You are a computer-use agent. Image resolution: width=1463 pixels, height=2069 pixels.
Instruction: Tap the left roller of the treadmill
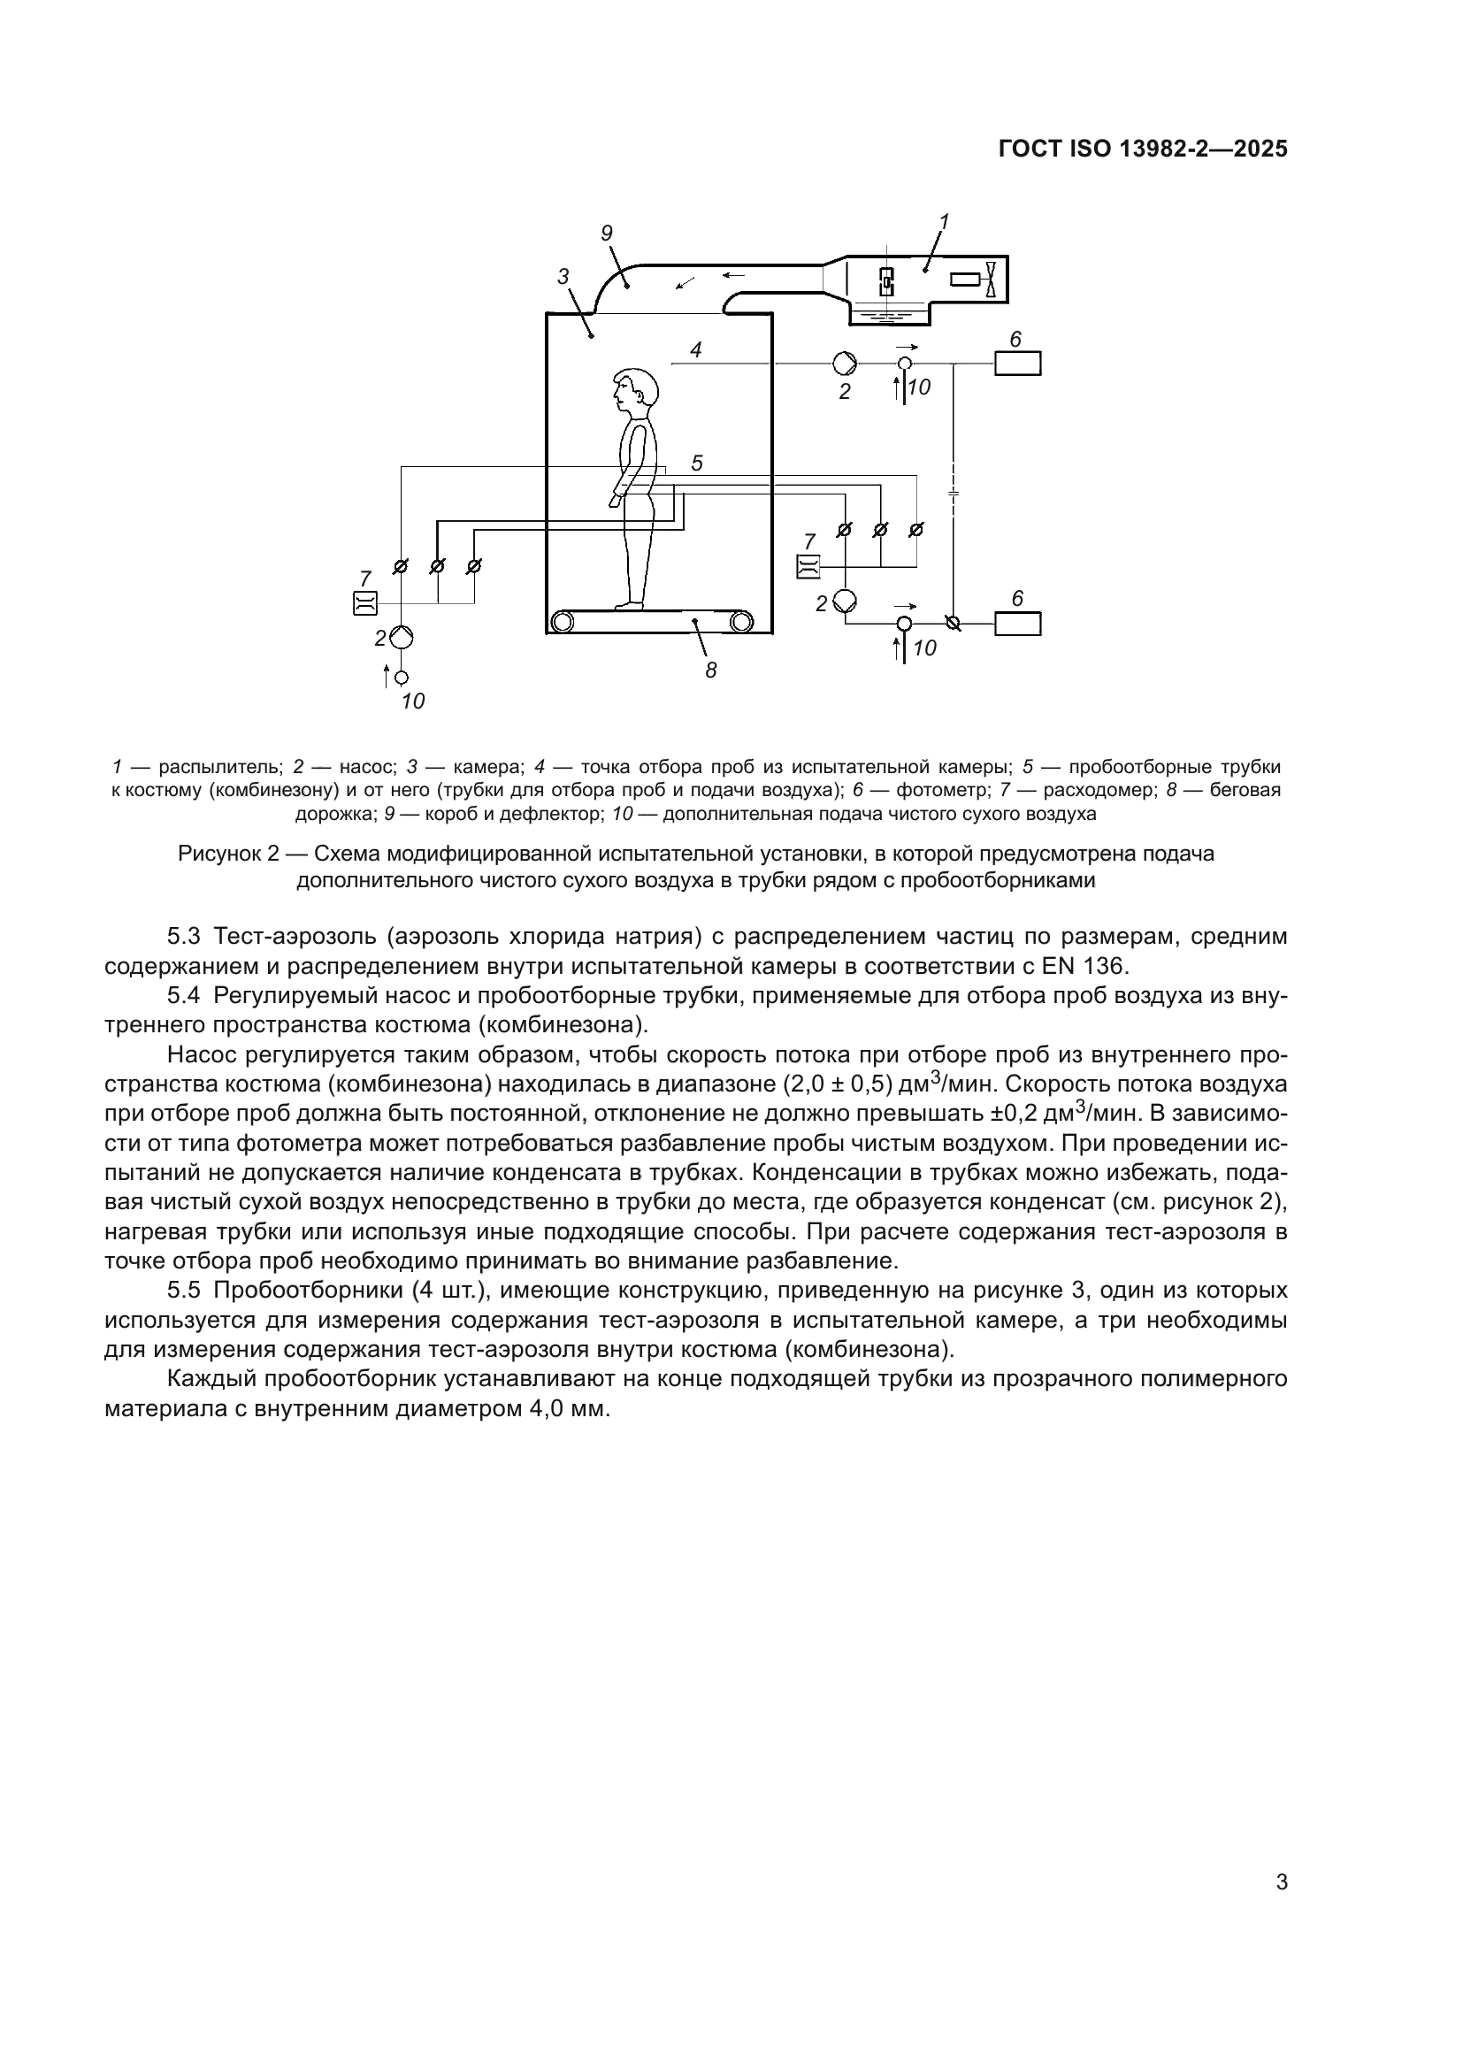563,621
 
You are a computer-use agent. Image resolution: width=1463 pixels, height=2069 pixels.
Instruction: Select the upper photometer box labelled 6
1017,364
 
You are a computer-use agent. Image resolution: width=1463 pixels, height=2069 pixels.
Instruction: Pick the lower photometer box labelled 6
1017,624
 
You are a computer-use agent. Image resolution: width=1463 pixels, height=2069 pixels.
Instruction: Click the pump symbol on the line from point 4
845,364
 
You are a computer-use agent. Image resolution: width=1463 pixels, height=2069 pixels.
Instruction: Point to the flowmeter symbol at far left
364,603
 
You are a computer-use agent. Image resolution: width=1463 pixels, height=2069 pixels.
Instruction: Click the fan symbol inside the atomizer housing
991,280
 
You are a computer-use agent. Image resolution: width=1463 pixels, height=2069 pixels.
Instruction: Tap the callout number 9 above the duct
606,234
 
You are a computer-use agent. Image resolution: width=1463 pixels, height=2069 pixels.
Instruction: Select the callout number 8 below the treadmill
711,670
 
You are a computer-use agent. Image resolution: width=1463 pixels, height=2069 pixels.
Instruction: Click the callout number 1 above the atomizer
944,221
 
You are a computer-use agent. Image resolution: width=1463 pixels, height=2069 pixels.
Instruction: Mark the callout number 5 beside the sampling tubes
696,464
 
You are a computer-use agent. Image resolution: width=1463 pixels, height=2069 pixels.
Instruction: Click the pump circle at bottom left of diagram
402,638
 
